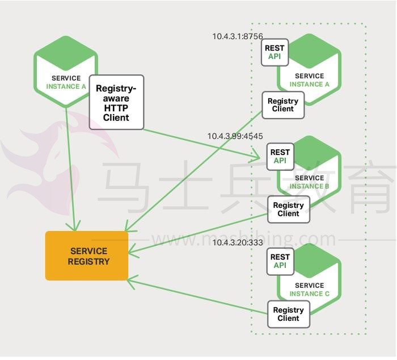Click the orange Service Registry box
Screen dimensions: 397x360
87,256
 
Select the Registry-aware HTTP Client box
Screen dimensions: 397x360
116,102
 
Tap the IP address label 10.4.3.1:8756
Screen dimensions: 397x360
238,36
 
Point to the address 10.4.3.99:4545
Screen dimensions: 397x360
235,136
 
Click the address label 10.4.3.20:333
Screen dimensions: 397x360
238,242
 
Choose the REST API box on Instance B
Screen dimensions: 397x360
280,157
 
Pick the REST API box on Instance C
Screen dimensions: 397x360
280,261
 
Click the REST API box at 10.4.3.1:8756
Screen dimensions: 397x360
274,52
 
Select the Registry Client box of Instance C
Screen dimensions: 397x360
289,314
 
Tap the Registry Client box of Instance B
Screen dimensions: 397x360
289,210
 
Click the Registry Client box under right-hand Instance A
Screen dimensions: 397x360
283,105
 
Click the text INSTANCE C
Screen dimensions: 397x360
310,294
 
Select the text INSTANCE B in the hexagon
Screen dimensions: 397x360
309,186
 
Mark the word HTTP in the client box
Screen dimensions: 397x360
116,108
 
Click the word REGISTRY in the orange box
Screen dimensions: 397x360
88,262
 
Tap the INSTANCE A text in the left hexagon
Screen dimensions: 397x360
66,87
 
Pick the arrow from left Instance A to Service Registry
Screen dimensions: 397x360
70,169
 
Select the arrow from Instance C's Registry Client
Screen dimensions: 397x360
197,296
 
